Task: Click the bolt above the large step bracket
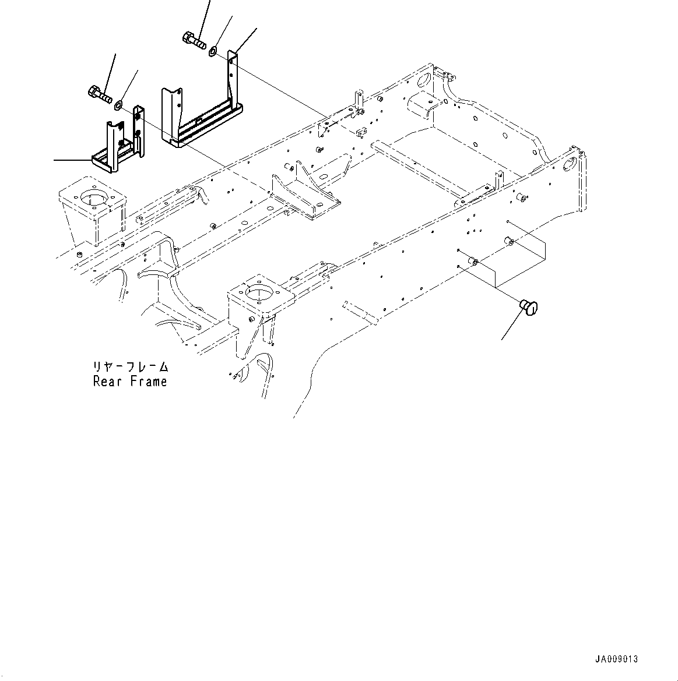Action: pos(194,41)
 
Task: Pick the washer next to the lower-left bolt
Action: pos(119,105)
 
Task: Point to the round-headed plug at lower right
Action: pos(529,307)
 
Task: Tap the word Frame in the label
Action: pos(148,382)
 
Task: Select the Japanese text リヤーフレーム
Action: pos(130,367)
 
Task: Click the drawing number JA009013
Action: pos(616,659)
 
